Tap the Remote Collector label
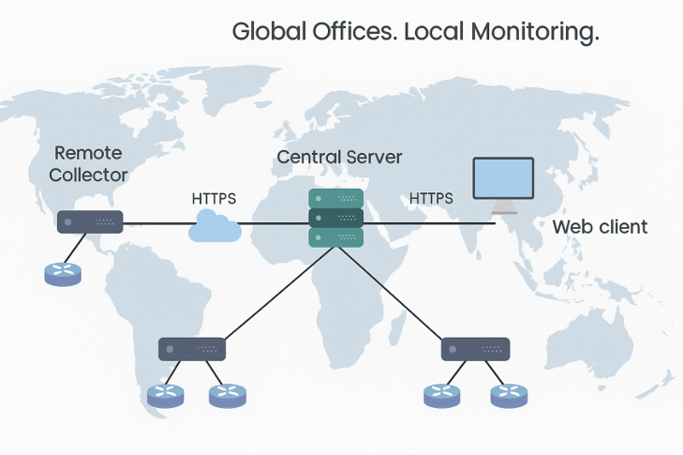coord(88,163)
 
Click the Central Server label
coord(339,157)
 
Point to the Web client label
coord(600,227)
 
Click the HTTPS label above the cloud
coord(214,198)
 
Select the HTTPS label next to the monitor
coord(431,198)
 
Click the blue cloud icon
coord(214,226)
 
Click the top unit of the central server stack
coord(336,199)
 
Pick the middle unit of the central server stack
coord(336,219)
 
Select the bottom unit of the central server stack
coord(336,238)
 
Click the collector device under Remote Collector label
coord(90,222)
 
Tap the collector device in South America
coord(192,349)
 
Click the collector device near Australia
coord(475,349)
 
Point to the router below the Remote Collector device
coord(63,273)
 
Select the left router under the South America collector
coord(168,396)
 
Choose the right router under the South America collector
coord(228,396)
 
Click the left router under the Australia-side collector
coord(441,396)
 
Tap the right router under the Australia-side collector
coord(509,396)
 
